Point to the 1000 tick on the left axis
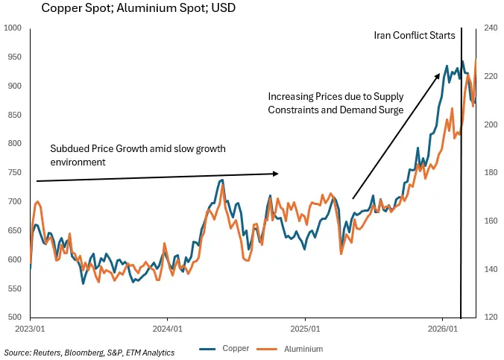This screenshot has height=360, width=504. point(13,28)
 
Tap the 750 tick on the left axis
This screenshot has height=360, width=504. point(13,173)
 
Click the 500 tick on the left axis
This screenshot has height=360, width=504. point(13,317)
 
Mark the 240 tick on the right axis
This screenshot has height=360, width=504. point(491,28)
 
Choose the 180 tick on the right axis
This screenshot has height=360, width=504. point(491,173)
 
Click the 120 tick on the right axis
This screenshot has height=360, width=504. point(491,317)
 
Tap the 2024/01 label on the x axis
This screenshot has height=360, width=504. point(167,328)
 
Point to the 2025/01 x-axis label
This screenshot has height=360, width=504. point(305,328)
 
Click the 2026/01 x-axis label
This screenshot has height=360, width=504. point(443,328)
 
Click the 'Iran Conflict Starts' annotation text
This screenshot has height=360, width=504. point(415,36)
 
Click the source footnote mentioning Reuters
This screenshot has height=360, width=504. point(89,352)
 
